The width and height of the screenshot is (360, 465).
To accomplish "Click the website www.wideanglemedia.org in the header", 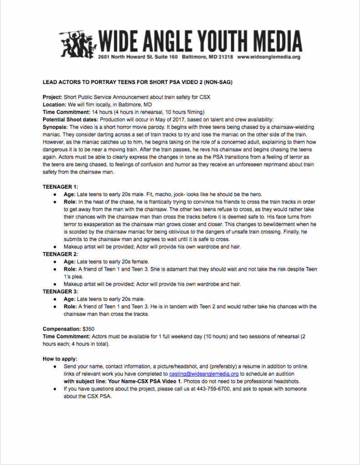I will pos(269,57).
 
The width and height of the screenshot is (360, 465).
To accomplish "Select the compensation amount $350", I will pos(88,329).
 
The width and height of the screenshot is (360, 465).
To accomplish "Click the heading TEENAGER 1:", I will pos(60,187).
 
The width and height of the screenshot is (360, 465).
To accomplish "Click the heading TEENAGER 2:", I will pos(60,254).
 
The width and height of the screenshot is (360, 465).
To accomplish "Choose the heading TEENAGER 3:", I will pos(60,292).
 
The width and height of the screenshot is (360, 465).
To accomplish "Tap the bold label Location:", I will pos(55,104).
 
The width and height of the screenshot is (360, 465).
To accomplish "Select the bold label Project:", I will pos(53,97).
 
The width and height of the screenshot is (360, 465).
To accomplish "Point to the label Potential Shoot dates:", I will pos(69,119).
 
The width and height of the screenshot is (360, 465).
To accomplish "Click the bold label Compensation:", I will pos(61,329).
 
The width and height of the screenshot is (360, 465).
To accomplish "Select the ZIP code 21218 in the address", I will pos(226,57).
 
